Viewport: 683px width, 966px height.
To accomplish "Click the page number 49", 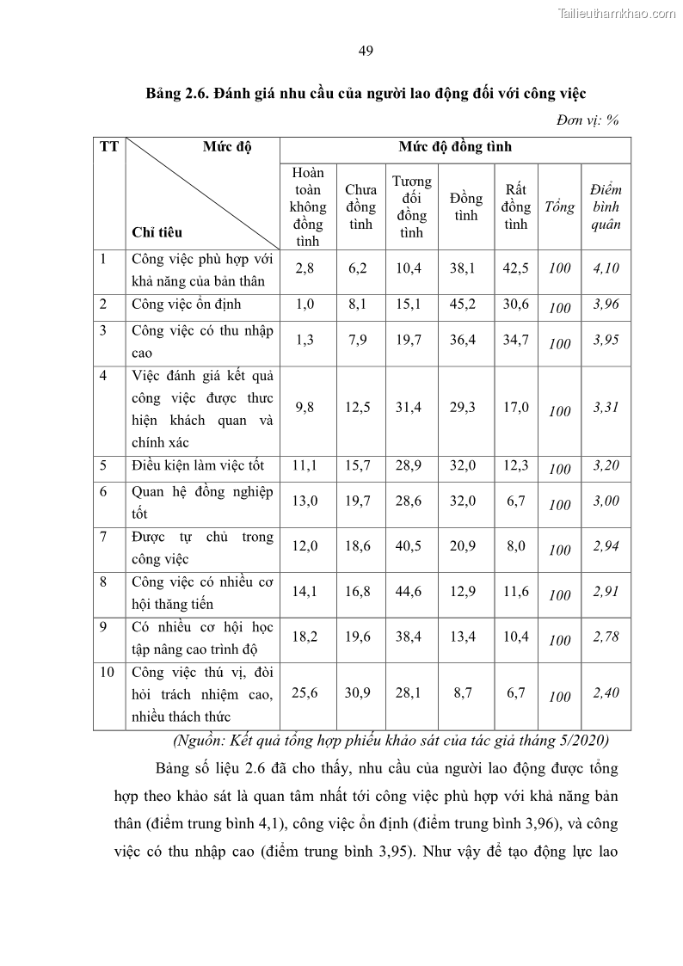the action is click(x=365, y=51).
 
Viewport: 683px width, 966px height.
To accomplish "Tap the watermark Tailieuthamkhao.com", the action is click(x=618, y=13).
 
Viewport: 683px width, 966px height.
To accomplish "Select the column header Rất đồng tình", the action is click(x=516, y=206).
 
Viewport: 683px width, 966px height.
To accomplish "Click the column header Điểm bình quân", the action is click(x=606, y=206).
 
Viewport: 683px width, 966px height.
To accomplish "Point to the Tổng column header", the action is click(x=559, y=207).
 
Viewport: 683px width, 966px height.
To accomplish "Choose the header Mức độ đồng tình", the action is click(x=455, y=147).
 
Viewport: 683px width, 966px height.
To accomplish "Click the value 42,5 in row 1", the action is click(x=516, y=268).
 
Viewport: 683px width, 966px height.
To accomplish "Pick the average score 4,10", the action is click(x=606, y=268).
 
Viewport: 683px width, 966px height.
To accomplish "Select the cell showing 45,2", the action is click(x=465, y=304).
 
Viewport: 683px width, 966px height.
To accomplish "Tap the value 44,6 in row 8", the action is click(x=412, y=592).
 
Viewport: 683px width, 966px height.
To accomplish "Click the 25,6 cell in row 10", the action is click(x=306, y=692).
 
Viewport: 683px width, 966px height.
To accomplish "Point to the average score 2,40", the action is click(x=606, y=692).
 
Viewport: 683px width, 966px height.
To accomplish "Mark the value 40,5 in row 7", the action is click(x=412, y=546).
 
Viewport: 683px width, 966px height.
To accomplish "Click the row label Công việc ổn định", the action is click(x=187, y=305).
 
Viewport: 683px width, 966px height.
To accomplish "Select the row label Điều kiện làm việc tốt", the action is click(x=198, y=465).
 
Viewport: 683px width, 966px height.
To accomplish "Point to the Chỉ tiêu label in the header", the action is click(x=157, y=232).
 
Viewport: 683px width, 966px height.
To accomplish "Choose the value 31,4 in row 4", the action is click(x=412, y=408).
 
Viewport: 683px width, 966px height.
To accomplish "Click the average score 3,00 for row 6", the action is click(x=606, y=501).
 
